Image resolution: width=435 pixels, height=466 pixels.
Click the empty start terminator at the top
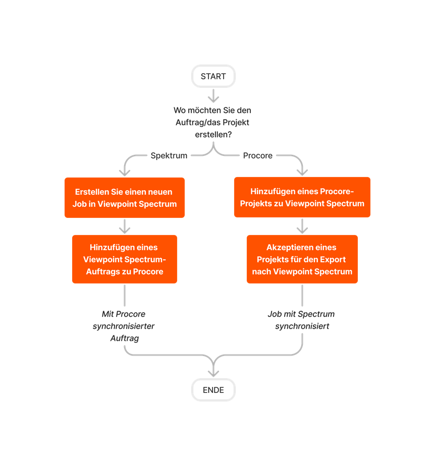213,76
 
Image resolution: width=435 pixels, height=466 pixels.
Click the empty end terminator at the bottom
213,390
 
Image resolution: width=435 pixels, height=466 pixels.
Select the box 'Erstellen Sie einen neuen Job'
124,198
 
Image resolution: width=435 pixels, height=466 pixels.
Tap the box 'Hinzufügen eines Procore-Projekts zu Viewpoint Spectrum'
302,197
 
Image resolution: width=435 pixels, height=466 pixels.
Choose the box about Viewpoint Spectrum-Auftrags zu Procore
124,259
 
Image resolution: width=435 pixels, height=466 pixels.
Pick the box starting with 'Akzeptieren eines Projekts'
302,259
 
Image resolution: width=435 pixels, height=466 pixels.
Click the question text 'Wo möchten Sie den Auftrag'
212,123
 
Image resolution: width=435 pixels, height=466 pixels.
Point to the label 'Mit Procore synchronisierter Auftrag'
124,326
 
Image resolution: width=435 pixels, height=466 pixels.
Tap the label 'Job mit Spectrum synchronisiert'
301,320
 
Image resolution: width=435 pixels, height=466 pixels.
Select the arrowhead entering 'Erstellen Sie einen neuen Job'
124,171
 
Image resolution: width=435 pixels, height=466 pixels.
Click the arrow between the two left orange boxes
124,226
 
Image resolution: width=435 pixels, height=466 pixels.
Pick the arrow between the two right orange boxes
302,226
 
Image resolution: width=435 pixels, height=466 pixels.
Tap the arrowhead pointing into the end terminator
213,372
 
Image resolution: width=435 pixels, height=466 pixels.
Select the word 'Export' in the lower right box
333,260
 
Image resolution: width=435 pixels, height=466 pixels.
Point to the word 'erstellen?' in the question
213,135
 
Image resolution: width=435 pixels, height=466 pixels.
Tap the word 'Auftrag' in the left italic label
124,338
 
